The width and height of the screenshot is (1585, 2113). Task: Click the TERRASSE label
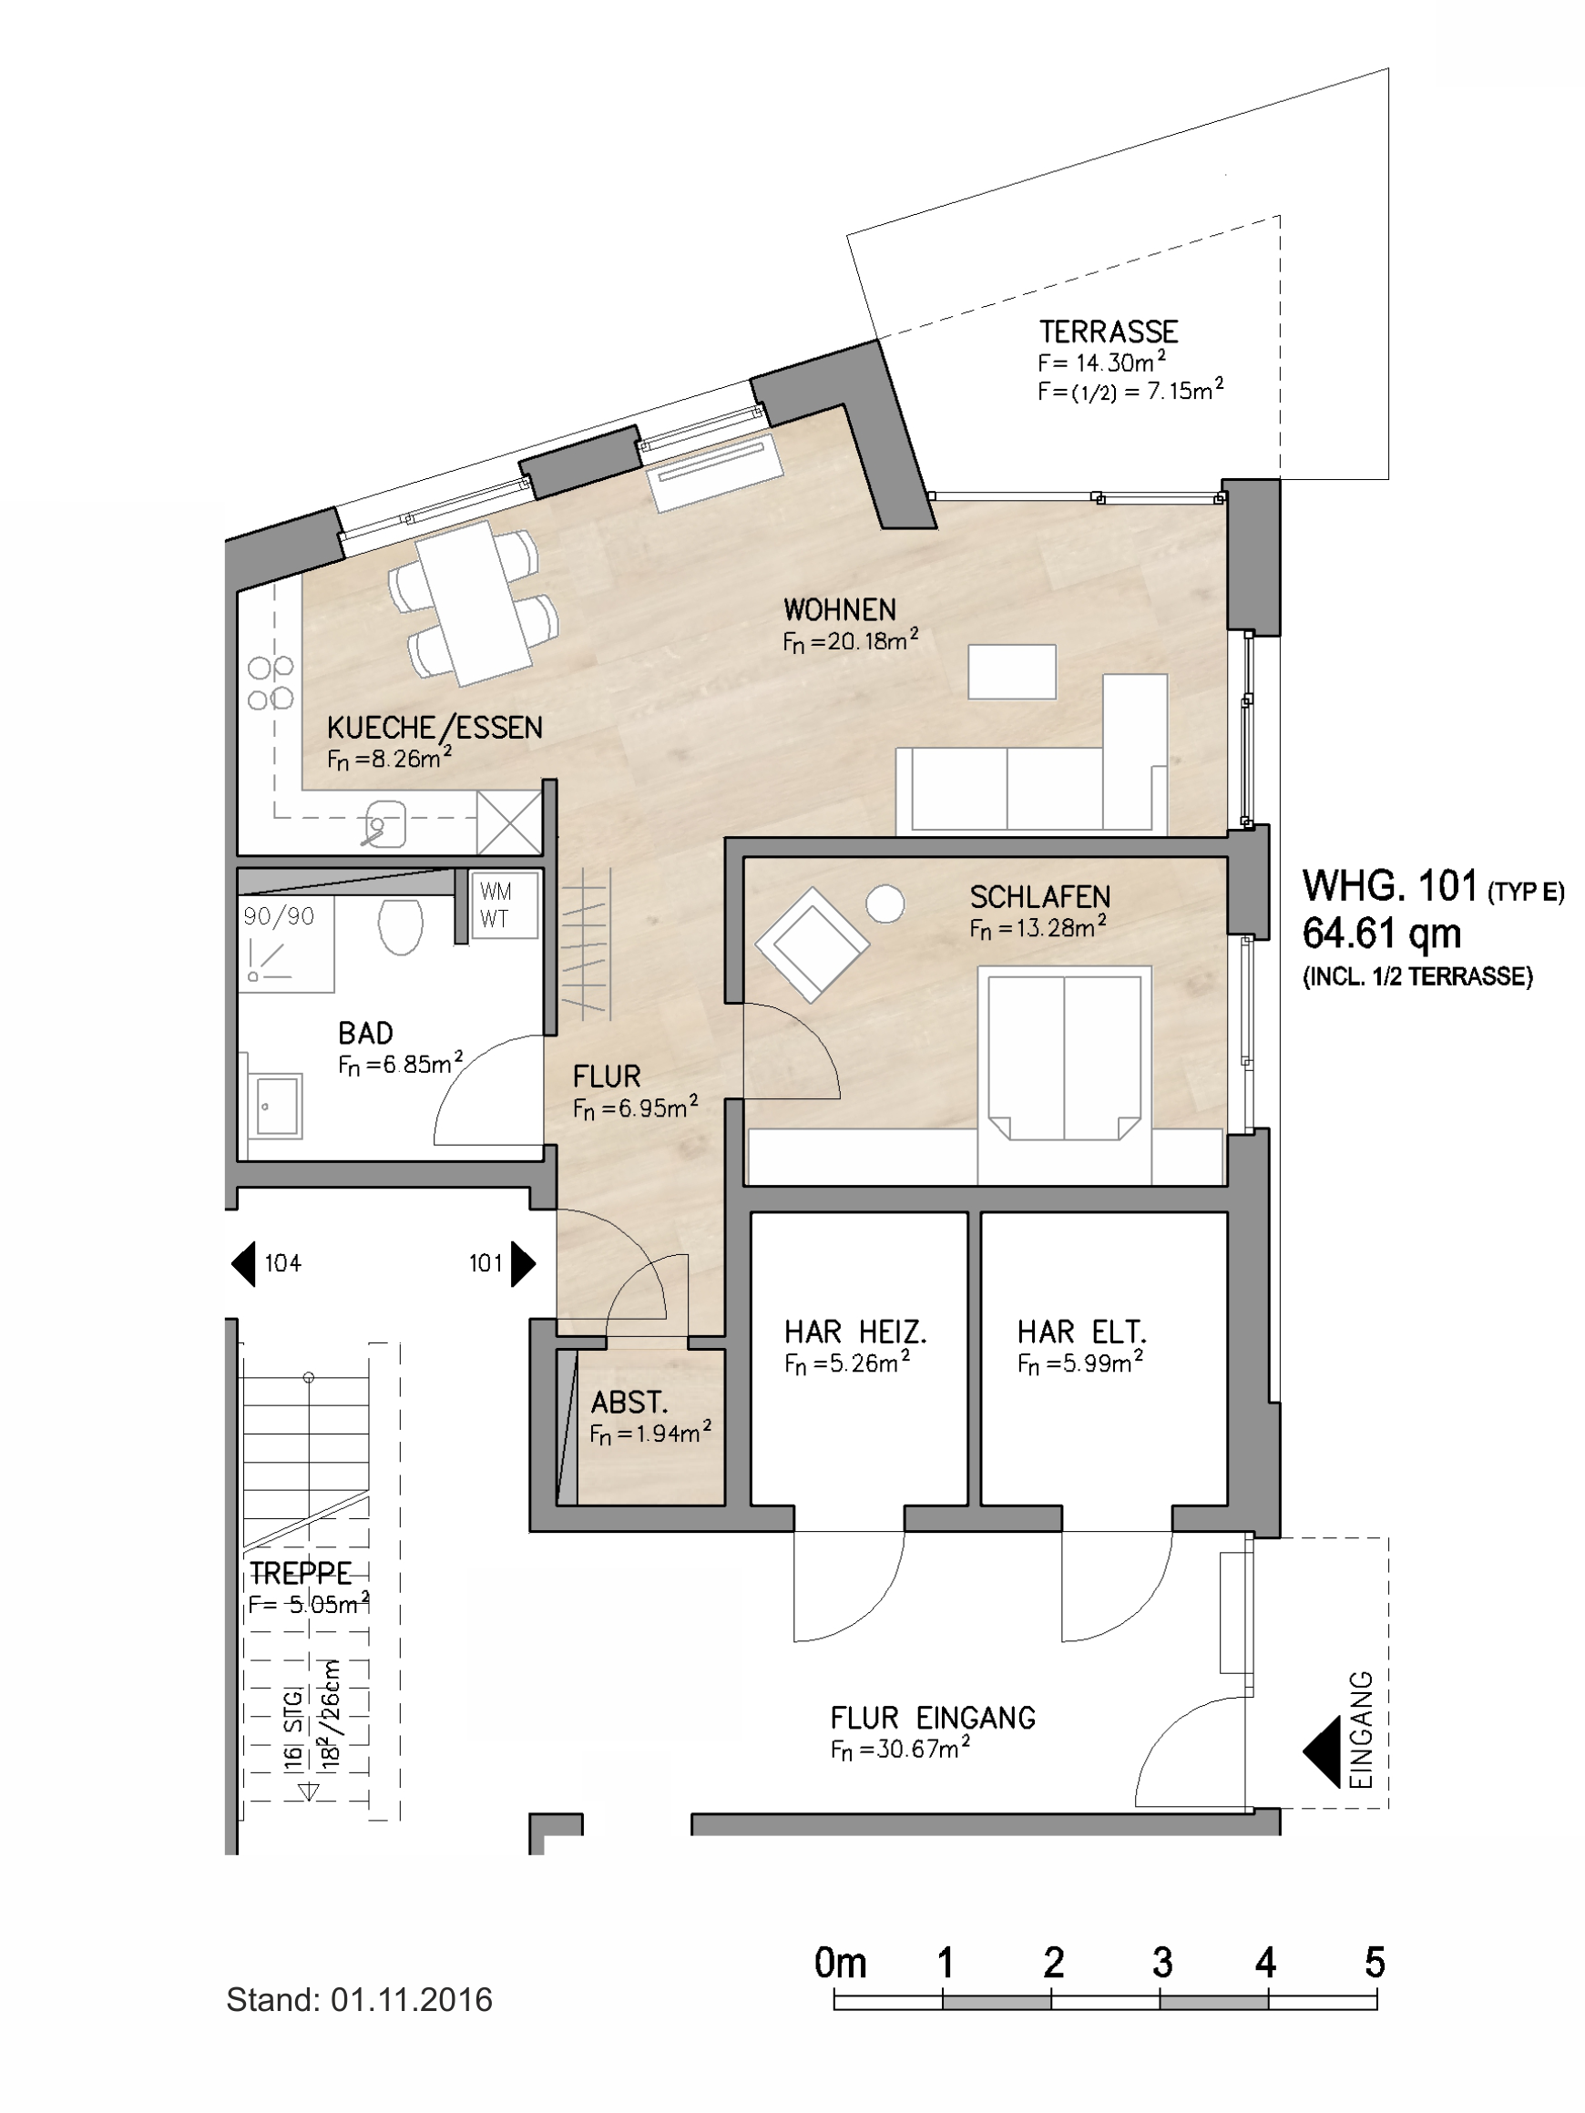[1109, 332]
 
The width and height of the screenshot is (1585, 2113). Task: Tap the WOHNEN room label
[840, 609]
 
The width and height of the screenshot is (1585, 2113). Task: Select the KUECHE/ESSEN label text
[435, 728]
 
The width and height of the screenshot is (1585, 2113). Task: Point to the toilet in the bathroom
[400, 925]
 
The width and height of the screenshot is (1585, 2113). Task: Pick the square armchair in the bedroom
[813, 944]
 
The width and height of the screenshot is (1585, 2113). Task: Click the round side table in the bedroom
[885, 903]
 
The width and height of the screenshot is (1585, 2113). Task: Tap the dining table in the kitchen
[474, 604]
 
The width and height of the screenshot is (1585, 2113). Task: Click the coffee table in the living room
[1012, 671]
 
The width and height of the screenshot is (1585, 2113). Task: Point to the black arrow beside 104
[243, 1263]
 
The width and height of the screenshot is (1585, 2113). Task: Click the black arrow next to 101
[524, 1263]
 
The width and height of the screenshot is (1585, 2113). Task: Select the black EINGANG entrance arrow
[1322, 1752]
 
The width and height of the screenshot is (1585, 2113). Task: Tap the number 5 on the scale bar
[1375, 1963]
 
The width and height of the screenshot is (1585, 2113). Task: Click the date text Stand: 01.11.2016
[359, 1999]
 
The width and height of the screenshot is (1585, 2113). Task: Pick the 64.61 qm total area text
[1382, 934]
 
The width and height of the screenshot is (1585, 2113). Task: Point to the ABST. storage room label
[629, 1403]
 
